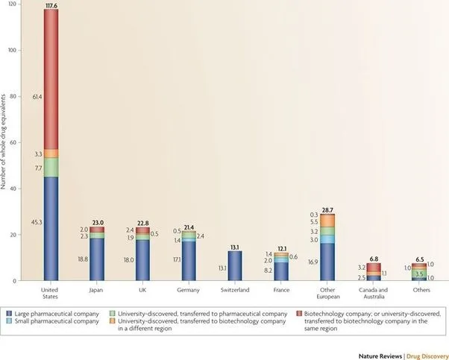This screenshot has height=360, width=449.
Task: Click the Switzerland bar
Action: [x=234, y=265]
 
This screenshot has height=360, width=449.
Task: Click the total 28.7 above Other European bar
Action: [x=327, y=209]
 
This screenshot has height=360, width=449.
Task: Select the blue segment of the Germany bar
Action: [x=189, y=261]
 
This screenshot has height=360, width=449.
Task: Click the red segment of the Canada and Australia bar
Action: [x=373, y=267]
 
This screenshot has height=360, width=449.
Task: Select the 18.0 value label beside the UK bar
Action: [x=128, y=260]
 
